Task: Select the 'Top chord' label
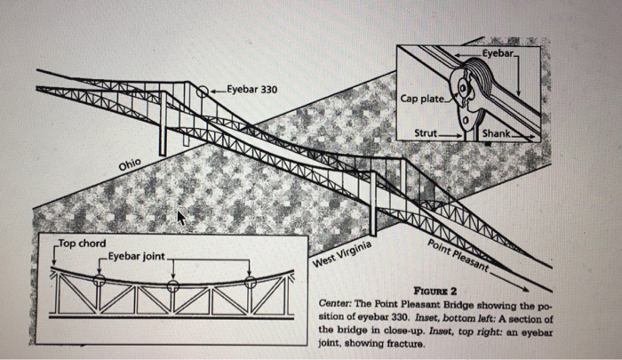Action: [81, 243]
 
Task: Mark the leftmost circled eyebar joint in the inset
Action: [100, 279]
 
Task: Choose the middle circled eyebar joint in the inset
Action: [173, 286]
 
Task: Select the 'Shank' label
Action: [495, 132]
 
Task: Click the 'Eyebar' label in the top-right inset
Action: [499, 54]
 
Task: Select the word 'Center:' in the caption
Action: [337, 303]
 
